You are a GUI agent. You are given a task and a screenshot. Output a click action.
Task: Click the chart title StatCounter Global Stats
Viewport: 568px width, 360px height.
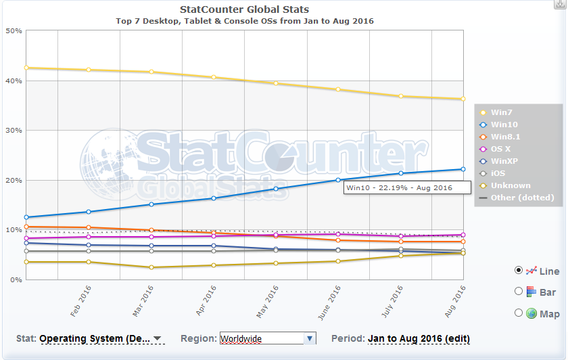coord(244,9)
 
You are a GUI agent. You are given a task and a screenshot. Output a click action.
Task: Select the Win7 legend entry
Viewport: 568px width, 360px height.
coord(501,112)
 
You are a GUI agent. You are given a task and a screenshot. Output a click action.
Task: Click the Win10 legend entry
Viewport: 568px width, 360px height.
coord(504,125)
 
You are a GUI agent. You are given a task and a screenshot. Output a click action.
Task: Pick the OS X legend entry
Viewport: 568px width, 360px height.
coord(501,149)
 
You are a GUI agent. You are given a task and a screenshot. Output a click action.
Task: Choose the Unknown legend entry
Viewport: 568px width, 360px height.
coord(511,185)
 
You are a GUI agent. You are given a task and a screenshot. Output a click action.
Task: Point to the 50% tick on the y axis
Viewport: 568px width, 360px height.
coord(14,31)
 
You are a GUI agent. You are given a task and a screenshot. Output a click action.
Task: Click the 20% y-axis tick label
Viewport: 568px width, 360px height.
coord(14,181)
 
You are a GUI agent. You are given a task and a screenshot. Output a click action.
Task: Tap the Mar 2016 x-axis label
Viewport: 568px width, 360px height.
coord(143,301)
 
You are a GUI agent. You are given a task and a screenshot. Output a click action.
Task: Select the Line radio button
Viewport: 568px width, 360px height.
coord(519,270)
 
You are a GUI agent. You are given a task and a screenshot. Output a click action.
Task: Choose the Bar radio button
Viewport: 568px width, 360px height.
coord(519,292)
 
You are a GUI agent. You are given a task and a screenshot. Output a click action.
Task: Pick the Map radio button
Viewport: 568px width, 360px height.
coord(519,313)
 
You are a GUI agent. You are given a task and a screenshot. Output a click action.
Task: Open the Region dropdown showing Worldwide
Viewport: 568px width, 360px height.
coord(268,338)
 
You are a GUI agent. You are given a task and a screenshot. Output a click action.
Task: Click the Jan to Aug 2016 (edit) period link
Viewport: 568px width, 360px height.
coord(419,338)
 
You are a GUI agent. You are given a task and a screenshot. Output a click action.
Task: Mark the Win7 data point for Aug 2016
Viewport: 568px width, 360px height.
coord(463,99)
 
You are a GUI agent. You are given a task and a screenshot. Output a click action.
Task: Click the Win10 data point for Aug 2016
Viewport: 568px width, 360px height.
coord(463,169)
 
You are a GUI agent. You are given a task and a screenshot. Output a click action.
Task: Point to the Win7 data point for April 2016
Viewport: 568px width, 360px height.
coord(214,77)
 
